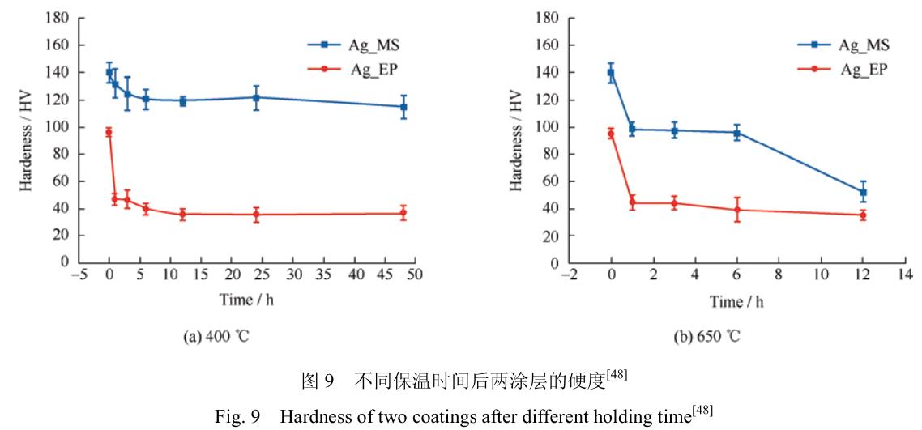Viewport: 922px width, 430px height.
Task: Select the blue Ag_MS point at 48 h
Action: (403, 107)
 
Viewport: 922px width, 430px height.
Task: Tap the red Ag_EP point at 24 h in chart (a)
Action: (256, 215)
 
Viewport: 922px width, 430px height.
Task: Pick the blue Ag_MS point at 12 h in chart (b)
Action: (863, 193)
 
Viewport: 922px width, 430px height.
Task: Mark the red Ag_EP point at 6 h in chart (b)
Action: (736, 210)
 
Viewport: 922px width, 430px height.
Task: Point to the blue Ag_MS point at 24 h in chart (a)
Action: (256, 97)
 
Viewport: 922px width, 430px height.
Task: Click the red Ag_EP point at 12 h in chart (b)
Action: (863, 215)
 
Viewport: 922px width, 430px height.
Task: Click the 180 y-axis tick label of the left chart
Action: (59, 18)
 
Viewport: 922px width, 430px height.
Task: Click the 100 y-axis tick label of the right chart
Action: (550, 127)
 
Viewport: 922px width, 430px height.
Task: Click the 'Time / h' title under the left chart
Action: (246, 300)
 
